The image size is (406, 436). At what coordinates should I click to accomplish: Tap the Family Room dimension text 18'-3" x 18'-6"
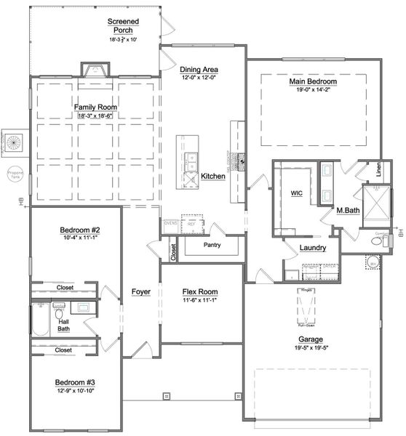[95, 116]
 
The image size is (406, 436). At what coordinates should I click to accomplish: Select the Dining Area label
[199, 70]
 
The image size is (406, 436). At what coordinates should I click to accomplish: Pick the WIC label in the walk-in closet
[296, 194]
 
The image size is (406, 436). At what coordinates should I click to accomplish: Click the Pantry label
[212, 246]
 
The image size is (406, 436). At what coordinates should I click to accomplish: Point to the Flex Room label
[200, 292]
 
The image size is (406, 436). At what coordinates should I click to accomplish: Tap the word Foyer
[140, 292]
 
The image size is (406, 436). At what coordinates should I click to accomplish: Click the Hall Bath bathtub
[40, 320]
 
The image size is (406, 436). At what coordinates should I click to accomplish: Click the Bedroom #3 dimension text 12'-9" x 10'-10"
[75, 390]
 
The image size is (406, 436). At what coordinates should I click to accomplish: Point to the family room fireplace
[95, 70]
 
